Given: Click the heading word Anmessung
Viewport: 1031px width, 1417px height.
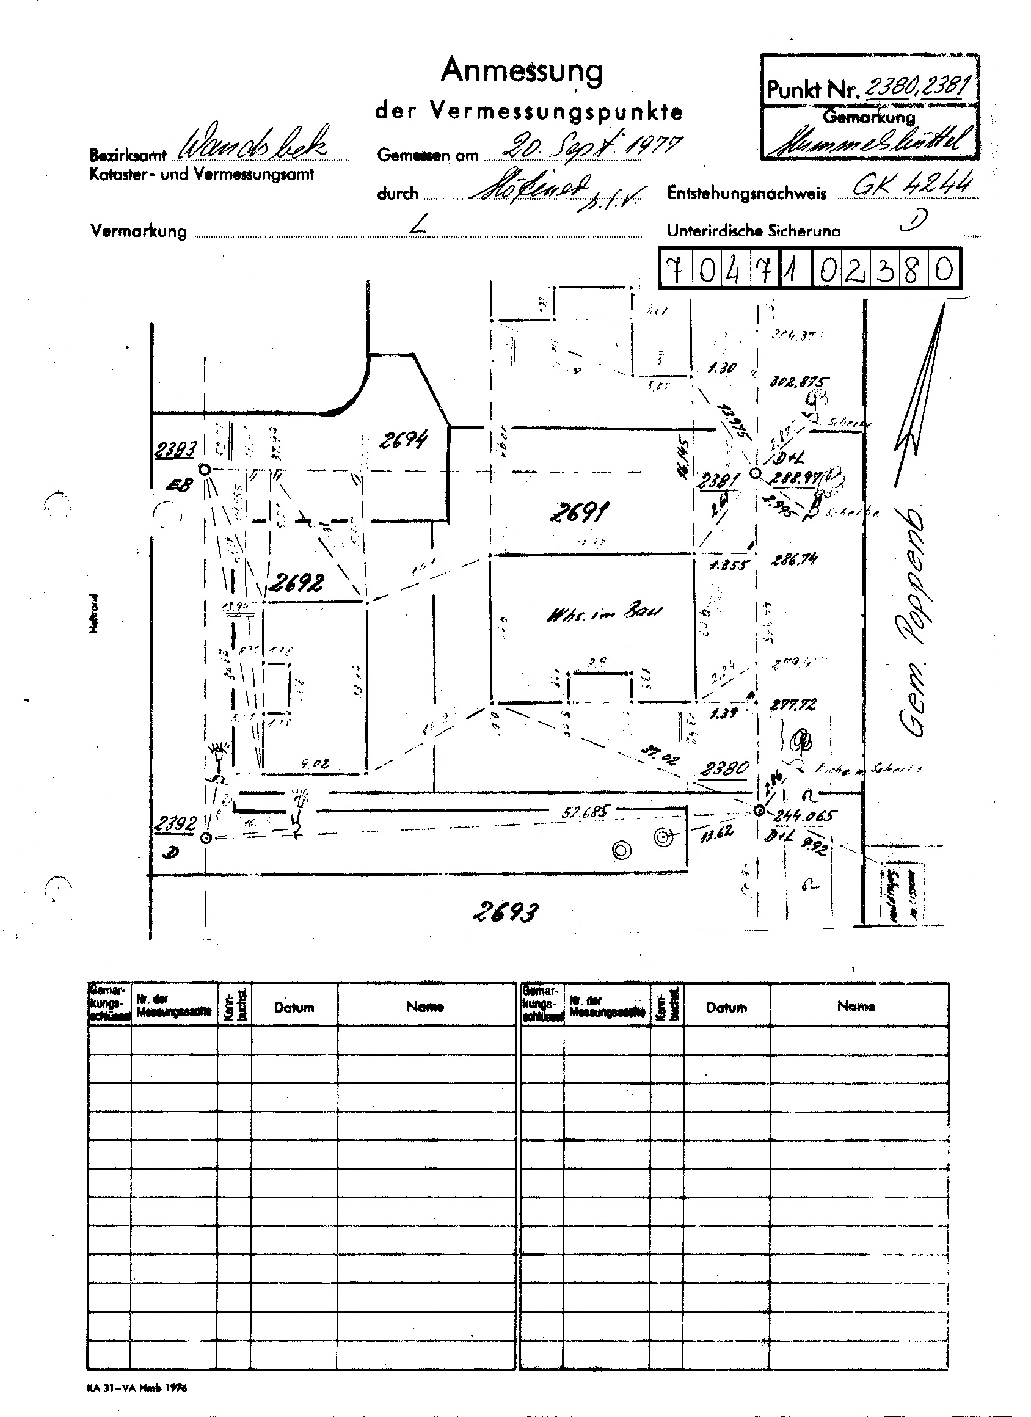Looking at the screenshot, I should (x=522, y=72).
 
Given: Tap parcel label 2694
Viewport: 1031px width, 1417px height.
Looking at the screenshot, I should (x=404, y=441).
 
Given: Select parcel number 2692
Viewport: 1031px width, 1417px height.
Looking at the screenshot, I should (x=297, y=583).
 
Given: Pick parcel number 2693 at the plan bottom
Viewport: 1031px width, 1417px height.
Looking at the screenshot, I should (x=506, y=912).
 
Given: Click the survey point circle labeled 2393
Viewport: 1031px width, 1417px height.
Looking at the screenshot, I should (x=204, y=469).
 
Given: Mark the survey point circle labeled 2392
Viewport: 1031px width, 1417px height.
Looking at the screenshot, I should (x=206, y=838).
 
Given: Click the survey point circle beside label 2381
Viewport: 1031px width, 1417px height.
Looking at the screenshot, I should (x=755, y=473).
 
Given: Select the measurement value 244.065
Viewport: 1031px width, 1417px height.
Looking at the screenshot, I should (x=804, y=815).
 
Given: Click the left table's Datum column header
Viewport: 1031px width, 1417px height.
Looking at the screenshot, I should (x=294, y=1007).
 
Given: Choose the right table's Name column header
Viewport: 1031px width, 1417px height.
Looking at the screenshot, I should (x=857, y=1006).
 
